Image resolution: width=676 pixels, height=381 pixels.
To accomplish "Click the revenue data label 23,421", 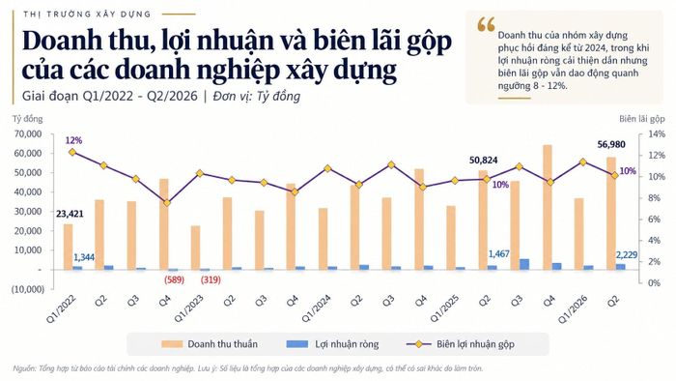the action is [70, 214].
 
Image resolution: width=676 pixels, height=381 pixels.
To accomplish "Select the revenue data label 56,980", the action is [611, 144].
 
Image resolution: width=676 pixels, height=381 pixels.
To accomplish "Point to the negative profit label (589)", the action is [174, 279].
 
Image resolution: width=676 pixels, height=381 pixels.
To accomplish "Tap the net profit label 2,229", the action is [627, 255].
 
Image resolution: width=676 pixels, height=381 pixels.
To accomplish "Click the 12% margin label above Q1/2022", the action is [73, 140].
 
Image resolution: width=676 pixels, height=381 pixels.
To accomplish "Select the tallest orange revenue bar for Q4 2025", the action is [548, 207].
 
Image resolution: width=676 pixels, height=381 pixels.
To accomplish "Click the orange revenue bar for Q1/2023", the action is [195, 248].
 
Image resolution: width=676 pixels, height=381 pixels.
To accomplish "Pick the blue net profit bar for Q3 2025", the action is [524, 264].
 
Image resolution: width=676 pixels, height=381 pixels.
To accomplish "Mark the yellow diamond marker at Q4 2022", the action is [167, 203].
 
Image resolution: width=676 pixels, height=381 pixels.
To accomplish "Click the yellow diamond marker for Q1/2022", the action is [72, 152].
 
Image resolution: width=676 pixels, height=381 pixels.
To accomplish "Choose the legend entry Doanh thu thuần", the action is [210, 344].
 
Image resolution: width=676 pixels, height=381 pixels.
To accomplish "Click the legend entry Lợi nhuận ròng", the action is [332, 344].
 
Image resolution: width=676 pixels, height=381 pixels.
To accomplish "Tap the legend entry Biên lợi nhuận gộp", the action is [461, 344].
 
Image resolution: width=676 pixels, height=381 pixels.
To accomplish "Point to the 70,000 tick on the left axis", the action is [28, 134].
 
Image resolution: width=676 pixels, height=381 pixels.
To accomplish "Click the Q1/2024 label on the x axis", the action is [317, 308].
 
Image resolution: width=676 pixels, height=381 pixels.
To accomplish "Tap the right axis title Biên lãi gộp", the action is [642, 119].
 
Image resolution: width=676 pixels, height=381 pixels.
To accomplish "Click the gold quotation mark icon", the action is [486, 24].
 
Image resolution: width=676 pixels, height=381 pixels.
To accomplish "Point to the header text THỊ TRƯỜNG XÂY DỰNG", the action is [87, 15].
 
